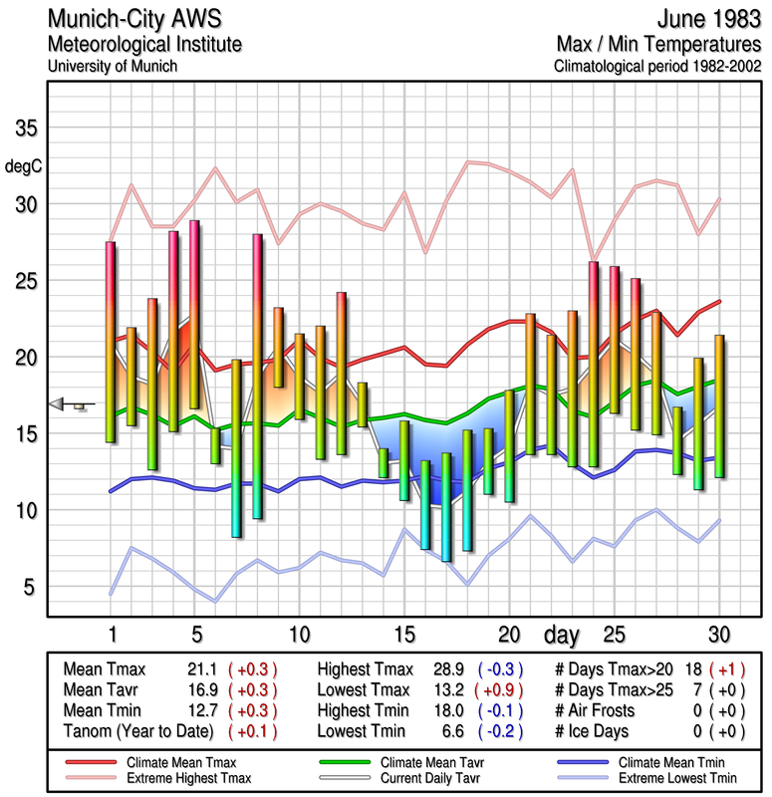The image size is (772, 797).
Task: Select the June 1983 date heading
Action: (707, 19)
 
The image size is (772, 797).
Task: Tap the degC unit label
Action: (24, 166)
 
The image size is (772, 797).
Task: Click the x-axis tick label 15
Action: (403, 634)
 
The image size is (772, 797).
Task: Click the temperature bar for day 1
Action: (112, 342)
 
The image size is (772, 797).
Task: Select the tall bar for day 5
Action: (194, 314)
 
